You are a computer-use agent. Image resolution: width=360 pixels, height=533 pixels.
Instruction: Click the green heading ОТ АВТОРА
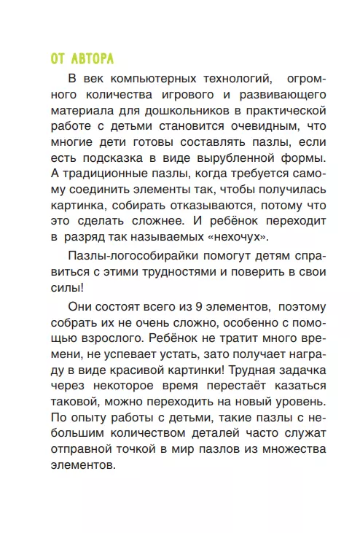[82, 59]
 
